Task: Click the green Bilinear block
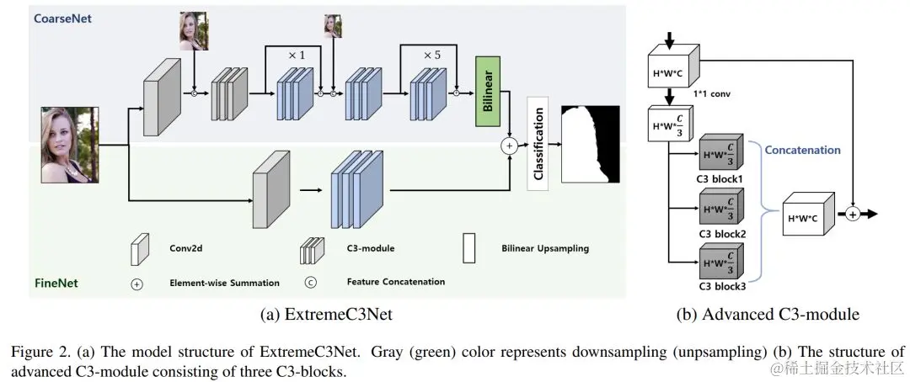[x=488, y=92]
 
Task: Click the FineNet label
[x=56, y=284]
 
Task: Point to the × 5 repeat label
[x=431, y=55]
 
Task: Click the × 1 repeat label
[x=296, y=55]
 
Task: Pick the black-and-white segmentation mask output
[x=591, y=145]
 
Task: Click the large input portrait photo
[x=71, y=145]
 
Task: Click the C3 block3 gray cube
[x=719, y=261]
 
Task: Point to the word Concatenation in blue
[x=802, y=151]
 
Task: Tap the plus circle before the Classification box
[x=508, y=146]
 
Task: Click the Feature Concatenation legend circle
[x=309, y=282]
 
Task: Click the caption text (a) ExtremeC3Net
[x=327, y=315]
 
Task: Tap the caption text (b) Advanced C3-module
[x=768, y=315]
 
